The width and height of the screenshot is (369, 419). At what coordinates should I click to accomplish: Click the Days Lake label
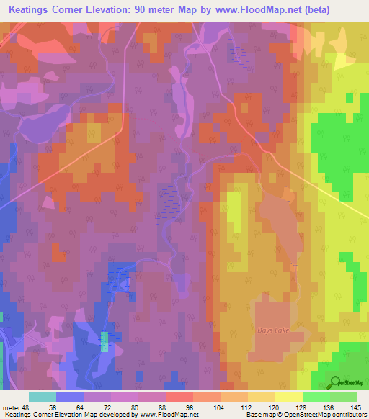pos(271,330)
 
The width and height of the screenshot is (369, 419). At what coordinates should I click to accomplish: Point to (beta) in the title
pos(342,10)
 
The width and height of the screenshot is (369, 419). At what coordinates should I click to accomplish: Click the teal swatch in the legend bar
pos(42,397)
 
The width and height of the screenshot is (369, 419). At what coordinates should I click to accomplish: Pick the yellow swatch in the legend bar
pos(288,397)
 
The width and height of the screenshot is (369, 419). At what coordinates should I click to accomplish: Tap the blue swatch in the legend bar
pos(69,397)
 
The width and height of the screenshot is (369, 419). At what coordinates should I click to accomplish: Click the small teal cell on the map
pos(105,341)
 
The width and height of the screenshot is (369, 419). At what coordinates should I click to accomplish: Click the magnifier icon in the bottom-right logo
pos(334,382)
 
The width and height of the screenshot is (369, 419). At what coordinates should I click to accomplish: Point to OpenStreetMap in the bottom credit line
pos(294,414)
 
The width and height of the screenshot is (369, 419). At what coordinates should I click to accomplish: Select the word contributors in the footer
pos(348,414)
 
